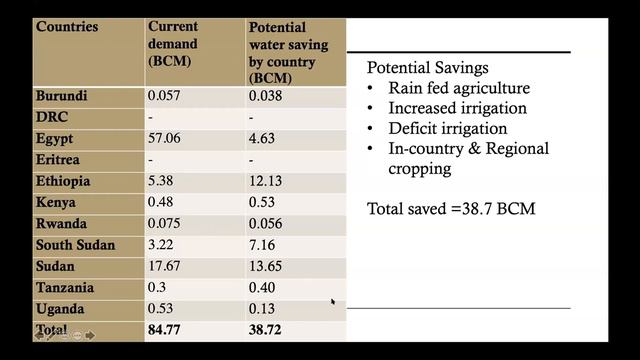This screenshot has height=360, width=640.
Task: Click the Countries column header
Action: coord(67,26)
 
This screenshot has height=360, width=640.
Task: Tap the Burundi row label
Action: coord(62,96)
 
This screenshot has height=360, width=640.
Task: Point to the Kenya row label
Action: coord(57,203)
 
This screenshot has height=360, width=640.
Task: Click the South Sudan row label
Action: coord(75,245)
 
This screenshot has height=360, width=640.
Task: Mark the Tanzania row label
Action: coord(66,287)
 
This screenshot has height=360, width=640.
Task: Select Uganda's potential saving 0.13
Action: coord(264,308)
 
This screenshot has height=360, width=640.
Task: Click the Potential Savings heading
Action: coord(428,70)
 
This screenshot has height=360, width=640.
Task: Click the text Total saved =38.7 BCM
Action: coord(451,209)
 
